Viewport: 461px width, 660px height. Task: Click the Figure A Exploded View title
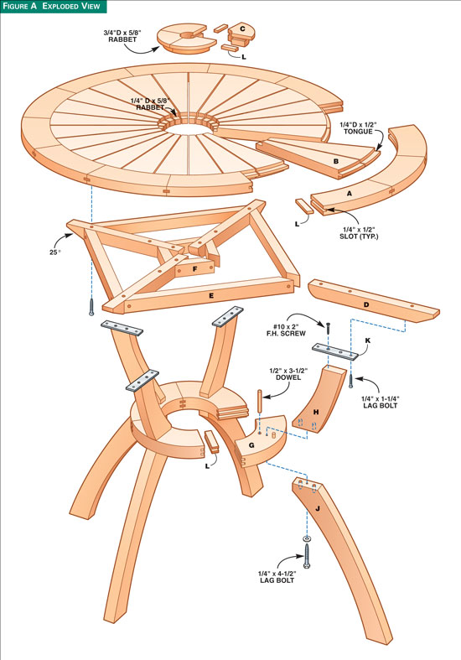point(52,7)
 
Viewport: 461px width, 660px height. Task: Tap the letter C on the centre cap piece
point(242,29)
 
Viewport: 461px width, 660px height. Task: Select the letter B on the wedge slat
point(335,161)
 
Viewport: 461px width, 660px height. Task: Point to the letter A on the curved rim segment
point(349,194)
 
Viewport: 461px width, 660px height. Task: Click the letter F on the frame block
point(195,268)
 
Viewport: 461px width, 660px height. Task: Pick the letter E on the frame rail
point(211,295)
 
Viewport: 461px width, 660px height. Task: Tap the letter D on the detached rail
point(366,304)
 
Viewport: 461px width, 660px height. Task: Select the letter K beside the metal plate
point(368,340)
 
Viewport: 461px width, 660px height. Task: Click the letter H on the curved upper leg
point(315,412)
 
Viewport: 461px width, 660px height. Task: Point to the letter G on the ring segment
point(251,445)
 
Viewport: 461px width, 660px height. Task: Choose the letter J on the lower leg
point(318,508)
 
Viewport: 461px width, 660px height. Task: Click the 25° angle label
point(55,252)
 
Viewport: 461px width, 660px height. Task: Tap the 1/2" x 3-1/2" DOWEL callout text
point(288,374)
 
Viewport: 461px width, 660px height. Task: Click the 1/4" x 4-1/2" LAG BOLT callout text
point(277,577)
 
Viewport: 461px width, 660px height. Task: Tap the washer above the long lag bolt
point(307,538)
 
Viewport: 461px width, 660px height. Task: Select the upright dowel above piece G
point(260,403)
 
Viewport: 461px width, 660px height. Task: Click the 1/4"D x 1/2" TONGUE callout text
point(358,128)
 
